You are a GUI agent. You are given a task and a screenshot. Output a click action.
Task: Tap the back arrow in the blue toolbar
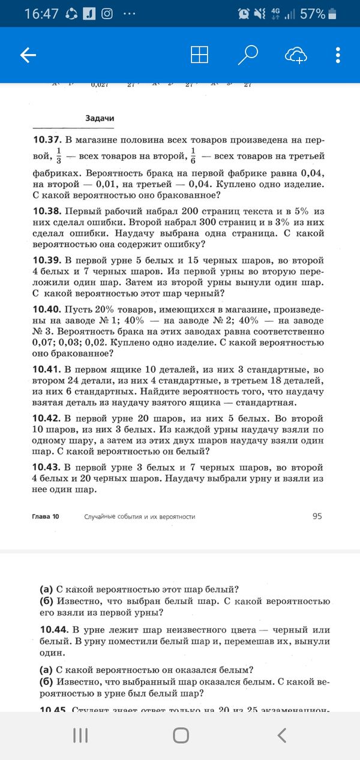pyautogui.click(x=28, y=55)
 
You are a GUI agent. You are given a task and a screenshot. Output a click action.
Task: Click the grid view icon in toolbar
pyautogui.click(x=199, y=55)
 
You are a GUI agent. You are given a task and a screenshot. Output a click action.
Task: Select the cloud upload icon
pyautogui.click(x=296, y=55)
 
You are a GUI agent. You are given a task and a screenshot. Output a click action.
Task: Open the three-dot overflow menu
pyautogui.click(x=338, y=55)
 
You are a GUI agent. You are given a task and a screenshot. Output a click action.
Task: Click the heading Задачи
pyautogui.click(x=100, y=118)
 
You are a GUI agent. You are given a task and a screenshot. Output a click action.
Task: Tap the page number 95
pyautogui.click(x=317, y=516)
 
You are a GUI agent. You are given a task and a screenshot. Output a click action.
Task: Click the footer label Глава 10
pyautogui.click(x=45, y=516)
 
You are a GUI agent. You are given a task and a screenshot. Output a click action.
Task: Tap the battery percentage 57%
pyautogui.click(x=312, y=13)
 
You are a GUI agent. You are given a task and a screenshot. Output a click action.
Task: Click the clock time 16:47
pyautogui.click(x=41, y=13)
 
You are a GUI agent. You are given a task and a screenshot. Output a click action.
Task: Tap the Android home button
pyautogui.click(x=180, y=735)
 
